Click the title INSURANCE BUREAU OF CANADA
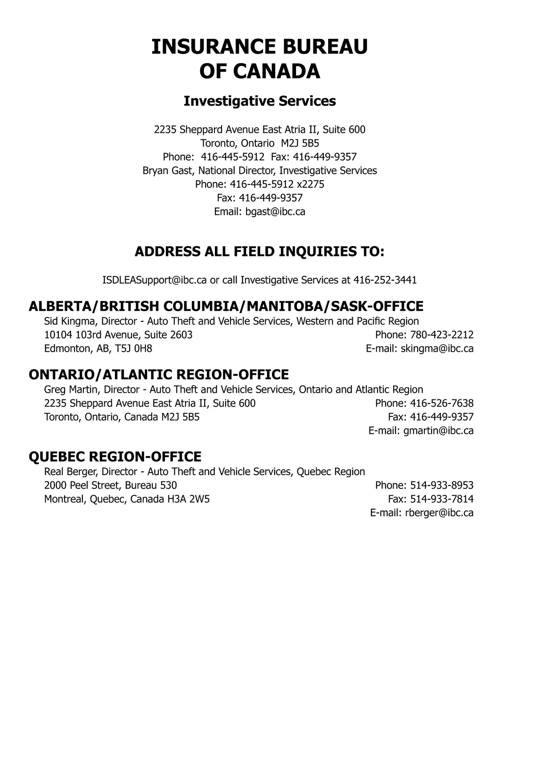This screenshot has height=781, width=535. tap(259, 59)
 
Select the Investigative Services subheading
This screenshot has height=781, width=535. tap(259, 101)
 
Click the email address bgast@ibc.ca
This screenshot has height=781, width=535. tap(275, 212)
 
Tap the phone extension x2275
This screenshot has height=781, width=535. tap(310, 185)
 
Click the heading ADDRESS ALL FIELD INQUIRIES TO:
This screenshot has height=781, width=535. tap(259, 251)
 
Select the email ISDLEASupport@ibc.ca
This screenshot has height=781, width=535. tap(154, 280)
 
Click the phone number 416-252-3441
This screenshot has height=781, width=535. tap(385, 280)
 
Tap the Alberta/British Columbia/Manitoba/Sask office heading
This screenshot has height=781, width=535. tap(226, 306)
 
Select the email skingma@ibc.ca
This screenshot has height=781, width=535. tap(437, 349)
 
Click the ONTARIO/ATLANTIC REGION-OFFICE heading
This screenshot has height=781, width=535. tap(158, 374)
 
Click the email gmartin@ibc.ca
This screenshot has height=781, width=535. tap(438, 431)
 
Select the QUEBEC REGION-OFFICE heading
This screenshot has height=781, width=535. tap(115, 456)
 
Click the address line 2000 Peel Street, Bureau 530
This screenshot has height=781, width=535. tap(110, 485)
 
